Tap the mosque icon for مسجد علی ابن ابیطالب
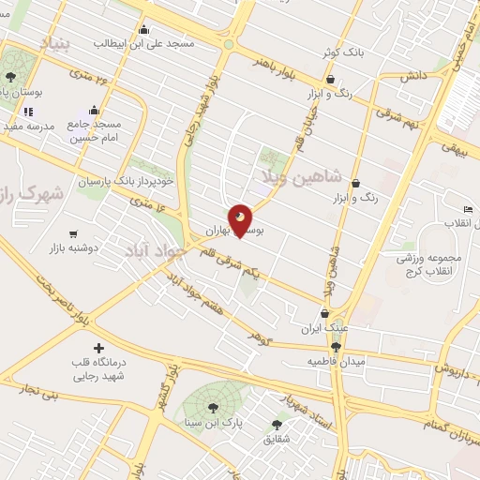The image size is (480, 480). coord(142,29)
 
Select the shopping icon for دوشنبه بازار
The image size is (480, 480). coord(73,233)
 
